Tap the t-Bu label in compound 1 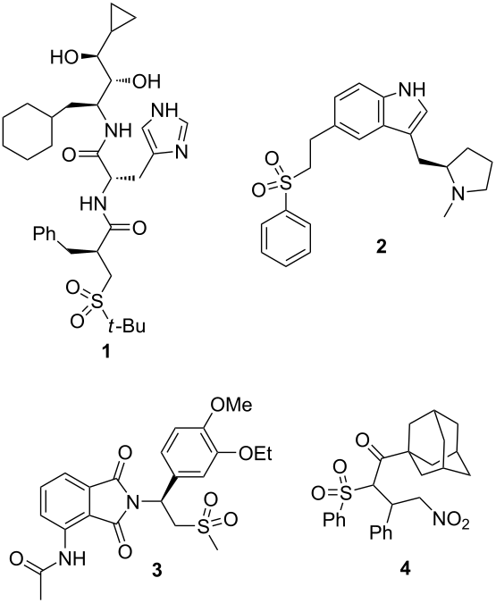coord(126,326)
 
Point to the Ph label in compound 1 coord(45,234)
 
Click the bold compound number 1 coord(105,351)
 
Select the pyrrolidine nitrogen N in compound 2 coord(458,192)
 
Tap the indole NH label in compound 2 coord(412,89)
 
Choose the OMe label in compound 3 coord(231,405)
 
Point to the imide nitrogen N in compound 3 coord(133,501)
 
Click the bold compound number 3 coord(156,570)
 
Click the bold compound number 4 coord(405,570)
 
